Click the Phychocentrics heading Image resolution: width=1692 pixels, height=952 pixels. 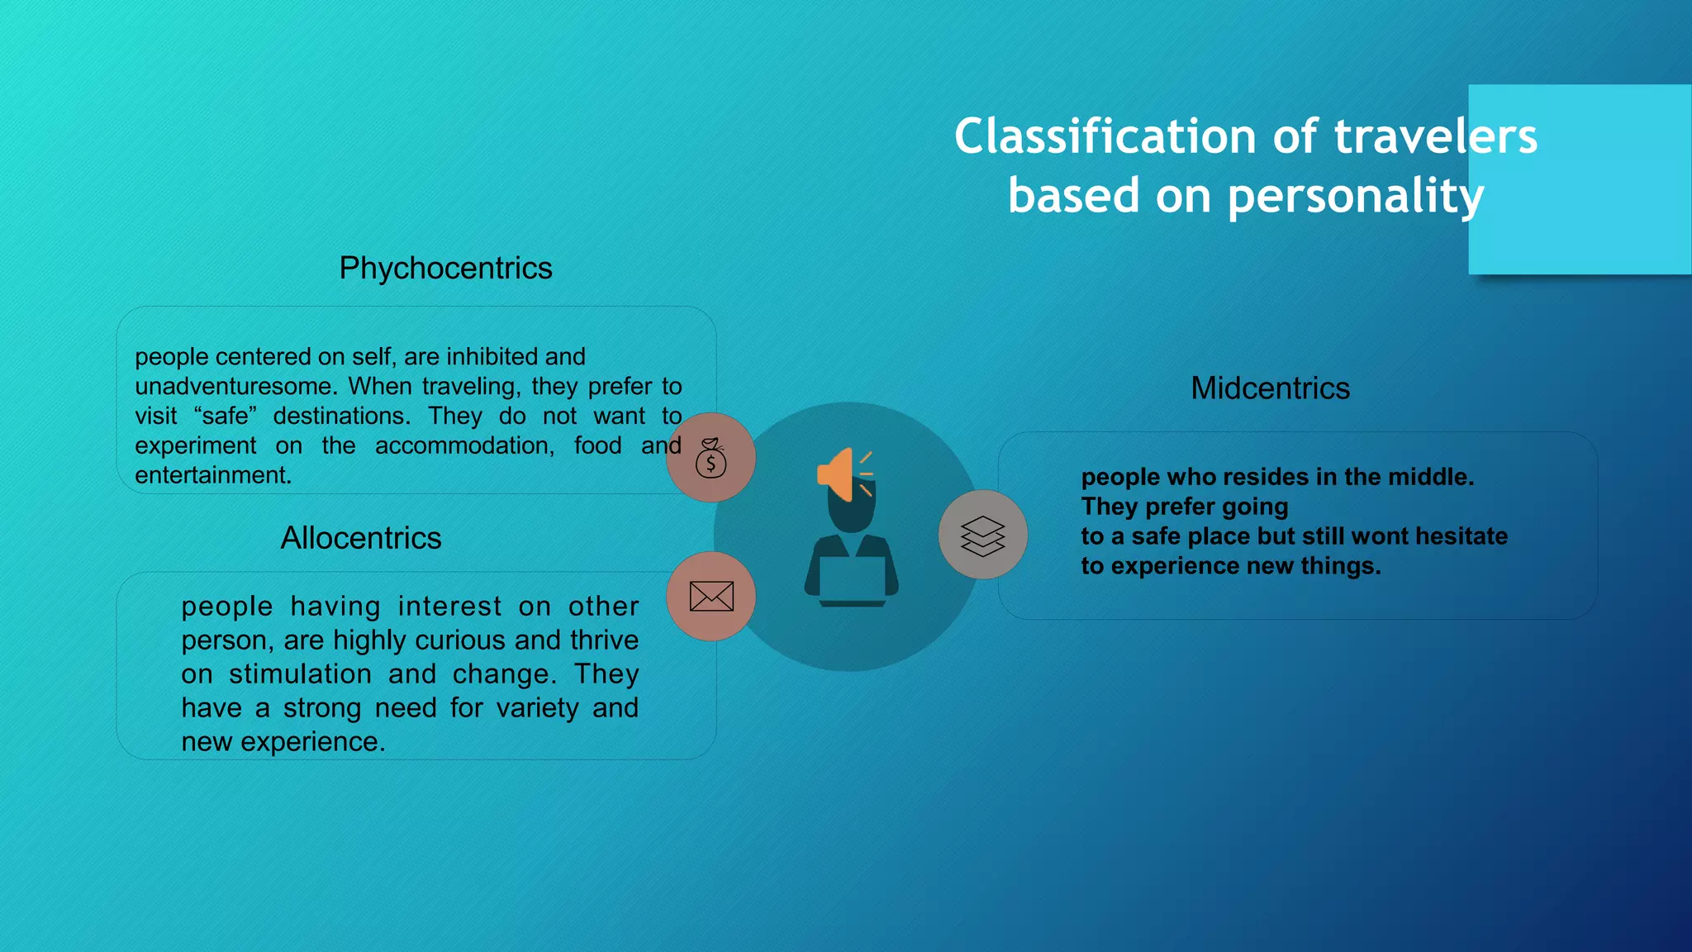click(445, 269)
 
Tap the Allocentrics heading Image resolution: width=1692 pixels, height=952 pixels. click(361, 539)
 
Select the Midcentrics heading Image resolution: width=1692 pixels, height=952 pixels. click(1270, 388)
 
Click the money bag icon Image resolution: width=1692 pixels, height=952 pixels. click(711, 459)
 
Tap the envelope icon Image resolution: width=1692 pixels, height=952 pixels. click(711, 597)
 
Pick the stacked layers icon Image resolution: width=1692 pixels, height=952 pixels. click(983, 535)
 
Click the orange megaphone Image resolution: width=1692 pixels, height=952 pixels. click(838, 474)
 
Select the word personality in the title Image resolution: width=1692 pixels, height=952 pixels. click(1355, 197)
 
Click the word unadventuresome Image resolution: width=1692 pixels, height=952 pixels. click(233, 387)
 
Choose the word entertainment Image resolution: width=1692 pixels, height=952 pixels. click(212, 476)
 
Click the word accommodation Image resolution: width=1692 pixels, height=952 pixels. click(464, 446)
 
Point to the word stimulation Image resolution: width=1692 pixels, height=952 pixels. click(300, 674)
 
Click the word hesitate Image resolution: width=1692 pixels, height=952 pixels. click(1461, 536)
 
